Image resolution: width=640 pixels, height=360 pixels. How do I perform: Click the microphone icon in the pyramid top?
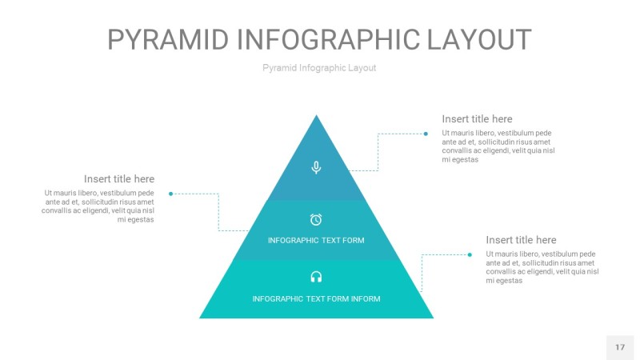tap(316, 167)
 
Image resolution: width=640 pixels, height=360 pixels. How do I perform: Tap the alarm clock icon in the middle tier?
tap(316, 219)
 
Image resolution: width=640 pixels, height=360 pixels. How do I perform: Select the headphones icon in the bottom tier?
tap(316, 277)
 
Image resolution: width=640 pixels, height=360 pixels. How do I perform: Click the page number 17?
tap(620, 347)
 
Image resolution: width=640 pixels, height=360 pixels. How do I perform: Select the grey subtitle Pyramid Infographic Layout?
tap(319, 68)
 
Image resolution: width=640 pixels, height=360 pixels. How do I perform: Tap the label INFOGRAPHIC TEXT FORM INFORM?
tap(316, 299)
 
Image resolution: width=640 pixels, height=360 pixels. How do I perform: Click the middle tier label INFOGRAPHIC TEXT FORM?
tap(316, 240)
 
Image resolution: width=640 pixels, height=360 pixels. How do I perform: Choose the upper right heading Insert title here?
tap(477, 119)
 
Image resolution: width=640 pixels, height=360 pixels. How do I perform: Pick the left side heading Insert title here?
tap(119, 179)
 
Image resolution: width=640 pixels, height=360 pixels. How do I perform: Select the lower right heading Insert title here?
tap(521, 240)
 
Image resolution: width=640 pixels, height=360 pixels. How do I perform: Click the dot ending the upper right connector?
tap(426, 134)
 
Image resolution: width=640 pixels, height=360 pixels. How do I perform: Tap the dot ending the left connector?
tap(171, 193)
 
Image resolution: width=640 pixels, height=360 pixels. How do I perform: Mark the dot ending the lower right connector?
tap(470, 254)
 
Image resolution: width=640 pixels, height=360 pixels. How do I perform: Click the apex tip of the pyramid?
tap(317, 117)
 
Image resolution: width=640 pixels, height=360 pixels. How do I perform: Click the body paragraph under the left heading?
tap(98, 206)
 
